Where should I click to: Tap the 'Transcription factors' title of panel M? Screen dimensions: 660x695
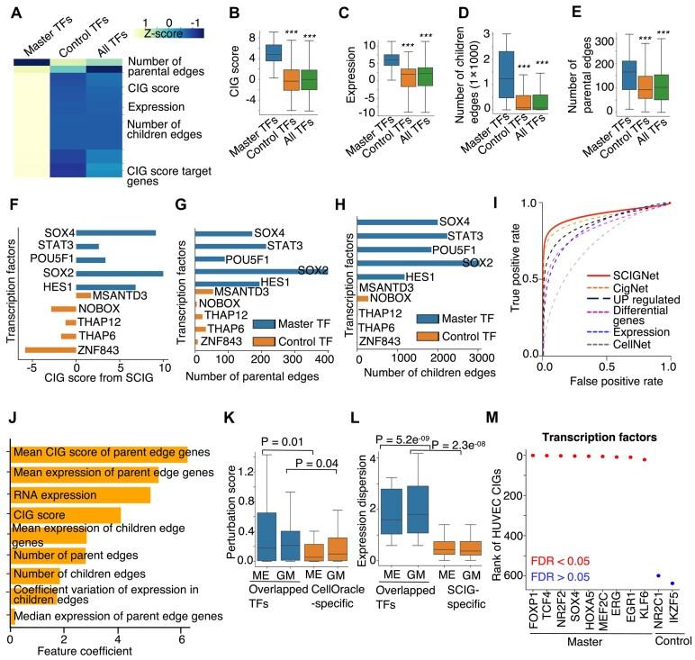click(x=603, y=437)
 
